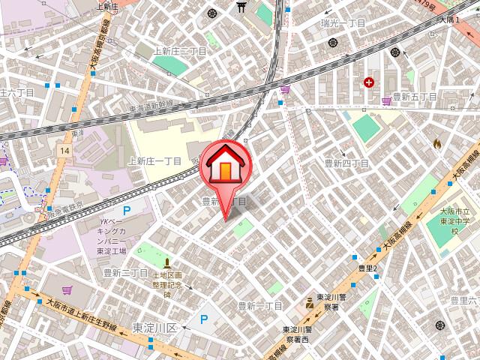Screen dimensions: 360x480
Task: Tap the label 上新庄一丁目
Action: (154, 161)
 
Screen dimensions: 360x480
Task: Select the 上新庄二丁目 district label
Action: (179, 51)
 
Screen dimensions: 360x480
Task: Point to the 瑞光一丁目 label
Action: (341, 24)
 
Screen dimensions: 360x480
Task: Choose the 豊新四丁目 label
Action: (346, 163)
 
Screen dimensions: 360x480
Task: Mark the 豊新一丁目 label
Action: (259, 305)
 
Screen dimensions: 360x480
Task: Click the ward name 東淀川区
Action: (154, 328)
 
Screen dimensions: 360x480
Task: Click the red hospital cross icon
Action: (369, 82)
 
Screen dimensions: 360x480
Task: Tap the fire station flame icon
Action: (438, 142)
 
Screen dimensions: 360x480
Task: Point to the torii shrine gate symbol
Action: (241, 7)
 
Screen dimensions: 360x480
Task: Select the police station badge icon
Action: (308, 304)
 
